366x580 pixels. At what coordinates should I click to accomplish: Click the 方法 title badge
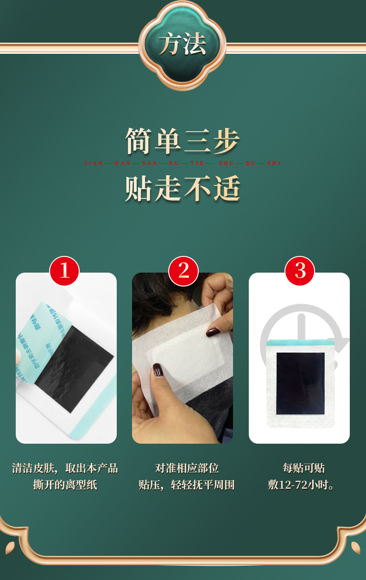[183, 45]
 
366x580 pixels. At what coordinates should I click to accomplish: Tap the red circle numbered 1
[64, 271]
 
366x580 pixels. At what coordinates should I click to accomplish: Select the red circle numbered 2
[183, 271]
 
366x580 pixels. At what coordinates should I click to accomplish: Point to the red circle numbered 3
[300, 271]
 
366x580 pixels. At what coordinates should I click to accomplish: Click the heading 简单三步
[183, 141]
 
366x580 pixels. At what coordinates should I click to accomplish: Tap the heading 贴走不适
[183, 189]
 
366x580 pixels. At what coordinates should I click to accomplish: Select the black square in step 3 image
[300, 383]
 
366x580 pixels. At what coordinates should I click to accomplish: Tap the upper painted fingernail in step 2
[214, 332]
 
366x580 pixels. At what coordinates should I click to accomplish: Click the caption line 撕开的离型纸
[65, 485]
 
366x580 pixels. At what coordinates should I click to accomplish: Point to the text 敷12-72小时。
[302, 485]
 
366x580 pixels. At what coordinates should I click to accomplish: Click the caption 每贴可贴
[303, 468]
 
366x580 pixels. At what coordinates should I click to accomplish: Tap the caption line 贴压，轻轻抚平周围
[187, 485]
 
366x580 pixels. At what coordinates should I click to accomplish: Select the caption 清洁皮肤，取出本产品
[65, 468]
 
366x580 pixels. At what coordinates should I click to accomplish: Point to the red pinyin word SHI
[274, 163]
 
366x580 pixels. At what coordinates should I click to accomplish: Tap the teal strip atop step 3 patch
[300, 343]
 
